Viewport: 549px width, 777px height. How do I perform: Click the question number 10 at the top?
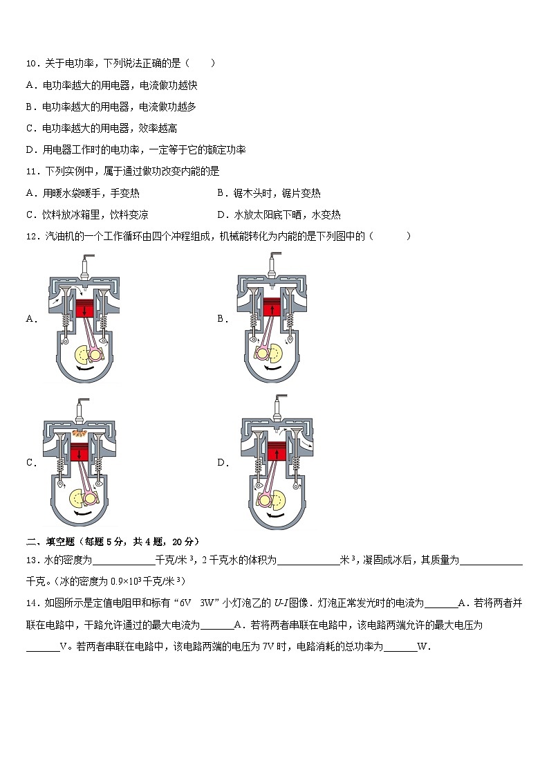click(31, 64)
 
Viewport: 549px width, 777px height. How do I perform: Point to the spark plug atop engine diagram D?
click(281, 404)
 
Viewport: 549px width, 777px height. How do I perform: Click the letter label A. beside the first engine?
click(30, 319)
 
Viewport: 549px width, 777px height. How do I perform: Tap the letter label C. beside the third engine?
click(30, 464)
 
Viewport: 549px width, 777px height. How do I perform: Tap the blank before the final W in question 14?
click(400, 647)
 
